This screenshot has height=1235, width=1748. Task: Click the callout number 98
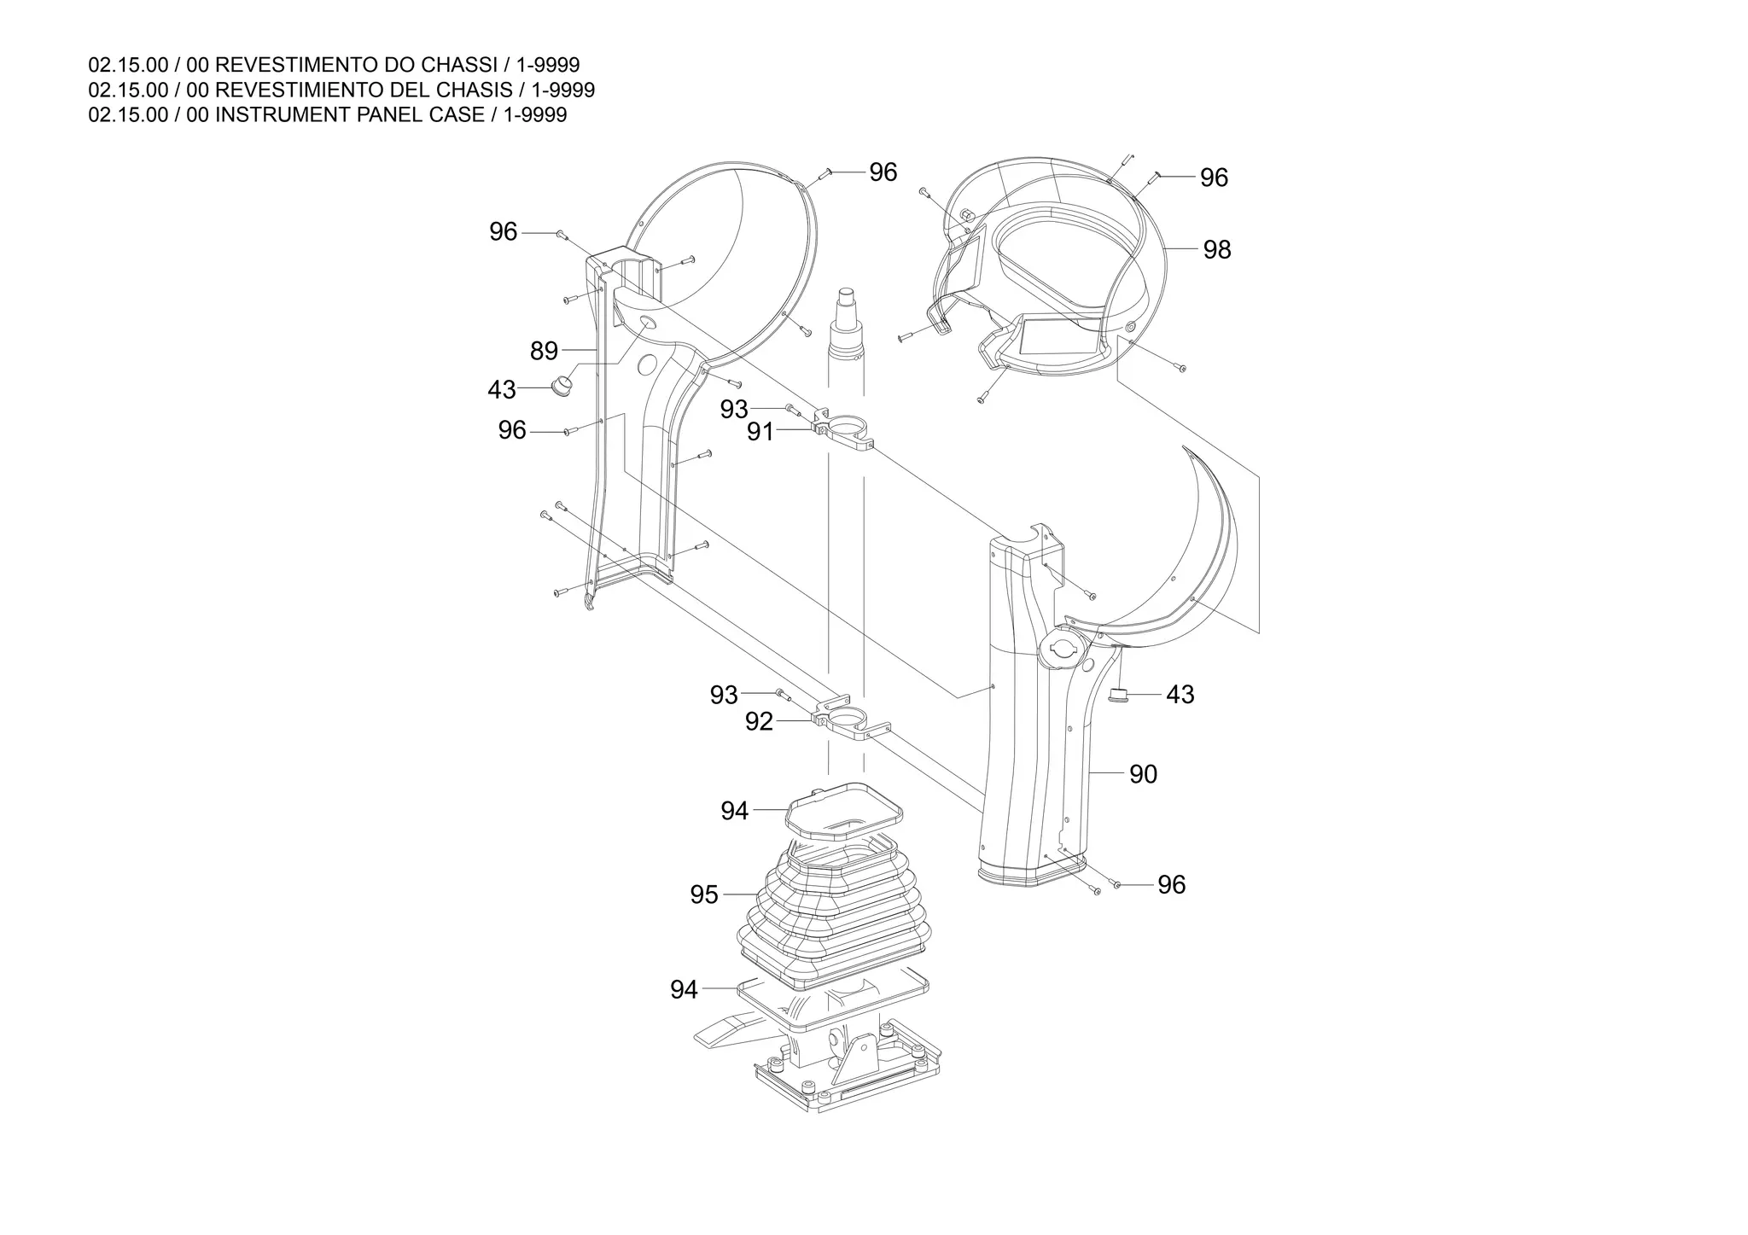pos(1217,250)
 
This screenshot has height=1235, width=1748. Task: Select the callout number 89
pos(544,351)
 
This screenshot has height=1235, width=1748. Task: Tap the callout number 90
pos(1143,774)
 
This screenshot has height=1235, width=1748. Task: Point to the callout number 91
pos(760,432)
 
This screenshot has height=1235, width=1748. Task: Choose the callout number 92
pos(759,722)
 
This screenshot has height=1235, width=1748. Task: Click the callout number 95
pos(704,895)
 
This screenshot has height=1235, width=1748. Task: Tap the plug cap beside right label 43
pos(1118,695)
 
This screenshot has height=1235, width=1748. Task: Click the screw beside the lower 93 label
pos(781,693)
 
